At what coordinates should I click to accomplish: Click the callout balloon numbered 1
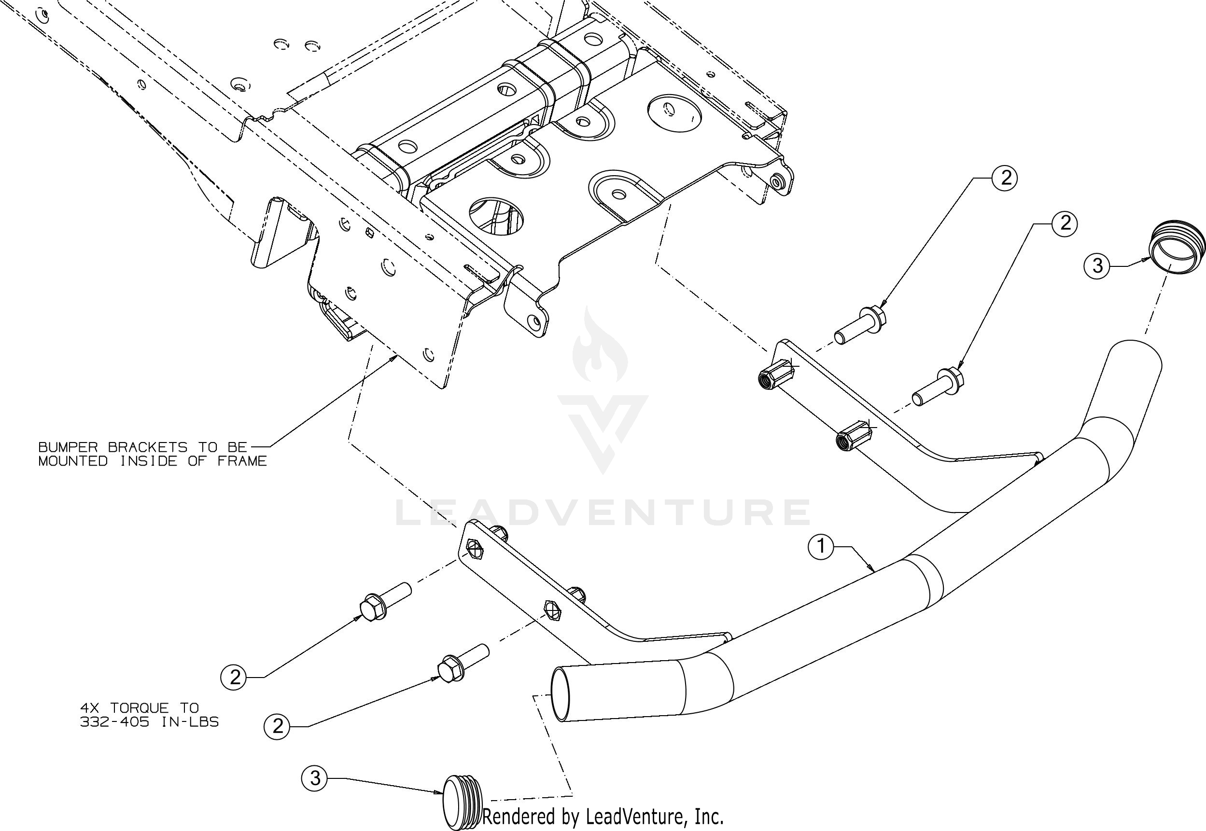pyautogui.click(x=821, y=547)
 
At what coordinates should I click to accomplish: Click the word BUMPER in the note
pyautogui.click(x=68, y=447)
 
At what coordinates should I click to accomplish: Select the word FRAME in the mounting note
pyautogui.click(x=242, y=461)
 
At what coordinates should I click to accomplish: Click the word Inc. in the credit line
pyautogui.click(x=709, y=816)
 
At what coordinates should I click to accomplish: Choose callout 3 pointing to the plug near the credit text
pyautogui.click(x=315, y=778)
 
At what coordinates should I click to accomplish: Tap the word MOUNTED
pyautogui.click(x=73, y=461)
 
